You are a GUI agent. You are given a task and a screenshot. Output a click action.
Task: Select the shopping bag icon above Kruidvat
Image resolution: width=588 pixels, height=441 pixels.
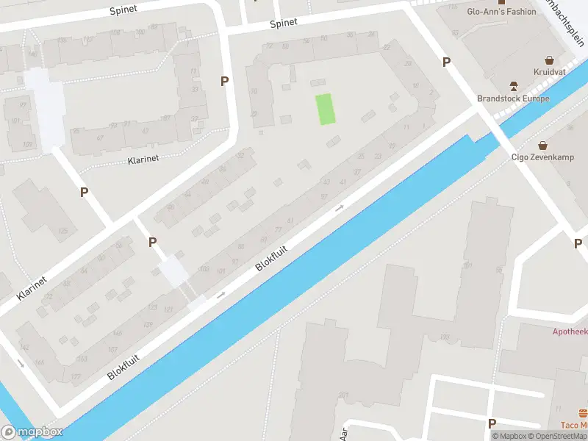tap(549, 60)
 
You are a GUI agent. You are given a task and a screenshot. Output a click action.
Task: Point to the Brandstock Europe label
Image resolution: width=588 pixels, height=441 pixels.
tap(512, 98)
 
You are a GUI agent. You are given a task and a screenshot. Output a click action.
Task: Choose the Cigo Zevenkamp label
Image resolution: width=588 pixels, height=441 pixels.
tap(542, 157)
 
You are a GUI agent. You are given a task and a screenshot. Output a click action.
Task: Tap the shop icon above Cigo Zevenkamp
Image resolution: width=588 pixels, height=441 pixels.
tap(542, 144)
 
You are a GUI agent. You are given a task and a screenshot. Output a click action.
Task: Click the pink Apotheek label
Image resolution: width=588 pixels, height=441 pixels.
tap(570, 331)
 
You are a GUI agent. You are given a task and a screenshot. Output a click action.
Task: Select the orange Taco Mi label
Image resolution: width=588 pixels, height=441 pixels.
tap(573, 425)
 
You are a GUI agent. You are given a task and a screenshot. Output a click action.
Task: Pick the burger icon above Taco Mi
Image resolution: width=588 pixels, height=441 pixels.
tap(583, 412)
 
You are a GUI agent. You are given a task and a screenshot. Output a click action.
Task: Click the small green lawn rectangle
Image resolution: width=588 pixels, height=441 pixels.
tap(325, 110)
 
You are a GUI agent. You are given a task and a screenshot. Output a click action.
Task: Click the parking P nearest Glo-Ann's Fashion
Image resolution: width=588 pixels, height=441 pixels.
tap(446, 62)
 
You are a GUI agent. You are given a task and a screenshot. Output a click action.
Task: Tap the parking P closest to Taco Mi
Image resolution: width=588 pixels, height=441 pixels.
tap(492, 423)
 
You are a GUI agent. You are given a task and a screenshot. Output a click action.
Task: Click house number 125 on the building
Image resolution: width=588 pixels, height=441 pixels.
tap(63, 232)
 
